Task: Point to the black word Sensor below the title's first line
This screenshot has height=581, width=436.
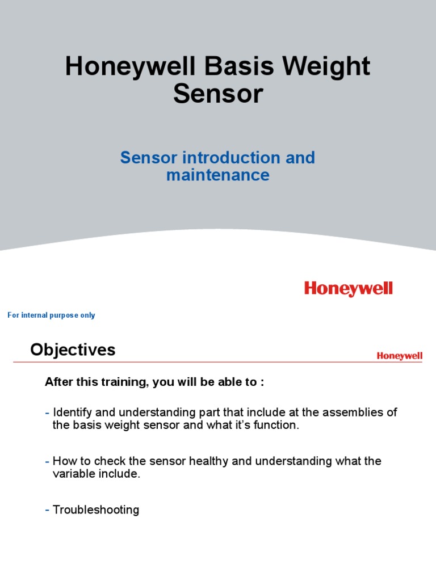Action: [x=218, y=94]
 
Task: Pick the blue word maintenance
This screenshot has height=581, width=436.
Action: [x=218, y=175]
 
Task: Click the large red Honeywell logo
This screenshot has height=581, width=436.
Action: [x=348, y=289]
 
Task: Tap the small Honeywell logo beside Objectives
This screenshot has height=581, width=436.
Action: [x=399, y=356]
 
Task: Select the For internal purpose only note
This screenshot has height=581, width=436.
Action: [x=51, y=315]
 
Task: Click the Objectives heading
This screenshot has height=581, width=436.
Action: [x=73, y=350]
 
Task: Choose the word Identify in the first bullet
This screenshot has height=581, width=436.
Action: [x=71, y=412]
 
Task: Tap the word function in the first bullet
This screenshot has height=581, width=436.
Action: [x=276, y=426]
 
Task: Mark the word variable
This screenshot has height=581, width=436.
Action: [x=72, y=474]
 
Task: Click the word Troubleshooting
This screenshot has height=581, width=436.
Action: [x=96, y=510]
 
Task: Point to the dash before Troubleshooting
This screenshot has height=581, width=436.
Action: [x=48, y=510]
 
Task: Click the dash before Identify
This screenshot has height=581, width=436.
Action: [x=48, y=412]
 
